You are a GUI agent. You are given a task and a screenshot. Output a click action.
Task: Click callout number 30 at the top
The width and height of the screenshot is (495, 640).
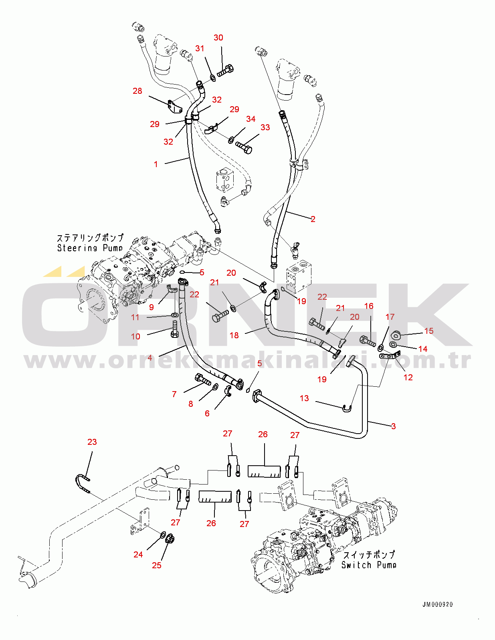(x=218, y=38)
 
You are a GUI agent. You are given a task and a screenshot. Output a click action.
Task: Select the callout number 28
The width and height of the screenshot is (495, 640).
(x=137, y=91)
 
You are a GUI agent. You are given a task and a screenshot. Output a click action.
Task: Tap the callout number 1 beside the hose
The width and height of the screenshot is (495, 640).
(x=156, y=164)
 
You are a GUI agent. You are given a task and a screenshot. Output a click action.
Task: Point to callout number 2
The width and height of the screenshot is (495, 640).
(x=313, y=219)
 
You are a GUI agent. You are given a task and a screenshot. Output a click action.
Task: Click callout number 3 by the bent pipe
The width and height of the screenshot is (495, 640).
(x=393, y=426)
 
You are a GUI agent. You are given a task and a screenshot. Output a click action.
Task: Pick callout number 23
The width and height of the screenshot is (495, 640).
(x=92, y=442)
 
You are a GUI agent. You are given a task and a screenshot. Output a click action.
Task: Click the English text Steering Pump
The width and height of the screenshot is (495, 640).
(x=90, y=248)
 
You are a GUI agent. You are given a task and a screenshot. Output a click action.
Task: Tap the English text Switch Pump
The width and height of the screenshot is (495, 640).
(x=369, y=565)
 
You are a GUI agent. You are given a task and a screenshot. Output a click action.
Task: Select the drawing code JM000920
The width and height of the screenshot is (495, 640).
(x=437, y=604)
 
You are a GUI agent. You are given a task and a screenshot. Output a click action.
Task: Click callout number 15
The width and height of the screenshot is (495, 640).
(x=428, y=331)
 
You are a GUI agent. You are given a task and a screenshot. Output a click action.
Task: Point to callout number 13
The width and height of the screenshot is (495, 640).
(x=304, y=398)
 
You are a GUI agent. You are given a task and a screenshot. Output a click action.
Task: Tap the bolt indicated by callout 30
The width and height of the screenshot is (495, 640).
(x=225, y=71)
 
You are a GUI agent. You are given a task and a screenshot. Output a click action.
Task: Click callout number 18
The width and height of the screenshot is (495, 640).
(x=234, y=335)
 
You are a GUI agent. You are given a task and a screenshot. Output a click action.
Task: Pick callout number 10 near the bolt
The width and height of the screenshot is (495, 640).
(x=135, y=337)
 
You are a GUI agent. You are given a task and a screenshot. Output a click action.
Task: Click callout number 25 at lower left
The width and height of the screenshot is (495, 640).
(x=156, y=565)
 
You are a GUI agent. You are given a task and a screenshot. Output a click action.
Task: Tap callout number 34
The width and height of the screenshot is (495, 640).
(x=251, y=119)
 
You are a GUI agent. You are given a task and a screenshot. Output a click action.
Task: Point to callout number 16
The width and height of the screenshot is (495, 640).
(x=368, y=306)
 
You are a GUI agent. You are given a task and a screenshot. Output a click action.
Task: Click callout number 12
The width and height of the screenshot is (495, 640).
(x=408, y=377)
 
